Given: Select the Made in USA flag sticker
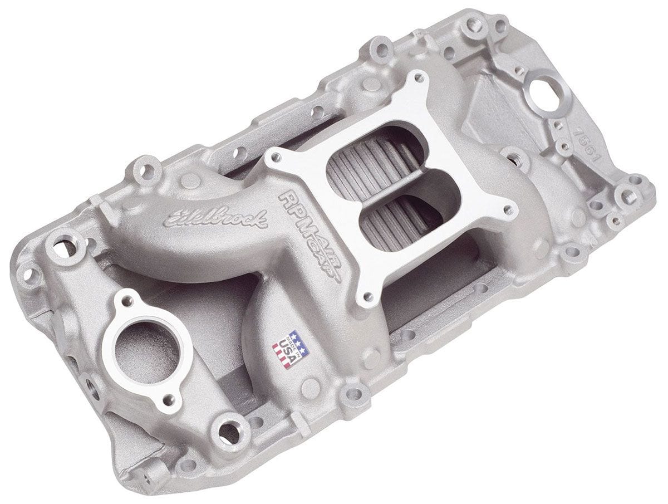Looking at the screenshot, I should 290,349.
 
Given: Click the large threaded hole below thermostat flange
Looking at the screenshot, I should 228,429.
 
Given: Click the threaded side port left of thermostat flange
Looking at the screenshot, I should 89,384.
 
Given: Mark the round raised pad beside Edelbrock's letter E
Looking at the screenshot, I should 190,180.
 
